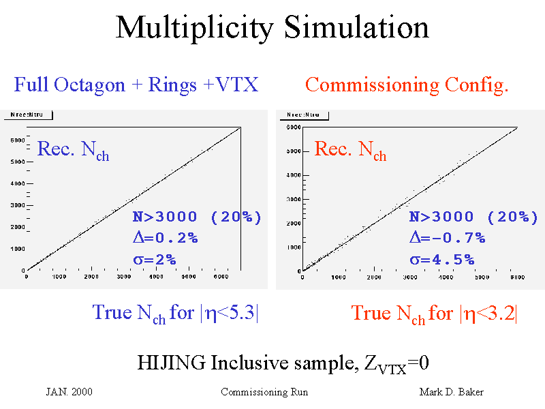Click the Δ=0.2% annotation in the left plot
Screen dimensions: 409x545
[x=165, y=238]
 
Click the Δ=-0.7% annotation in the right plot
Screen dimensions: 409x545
[x=447, y=238]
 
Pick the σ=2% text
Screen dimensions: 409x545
[x=154, y=259]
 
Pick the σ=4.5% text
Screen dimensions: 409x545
[x=441, y=260]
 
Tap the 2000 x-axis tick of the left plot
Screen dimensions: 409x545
[x=91, y=277]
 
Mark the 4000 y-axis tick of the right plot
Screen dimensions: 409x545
[x=292, y=175]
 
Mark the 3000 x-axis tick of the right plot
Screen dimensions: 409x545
[x=410, y=277]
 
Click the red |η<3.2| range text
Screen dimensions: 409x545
[x=489, y=313]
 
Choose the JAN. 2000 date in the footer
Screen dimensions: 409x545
[x=69, y=392]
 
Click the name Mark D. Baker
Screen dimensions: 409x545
[x=451, y=392]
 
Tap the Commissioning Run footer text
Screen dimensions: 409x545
[x=264, y=392]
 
